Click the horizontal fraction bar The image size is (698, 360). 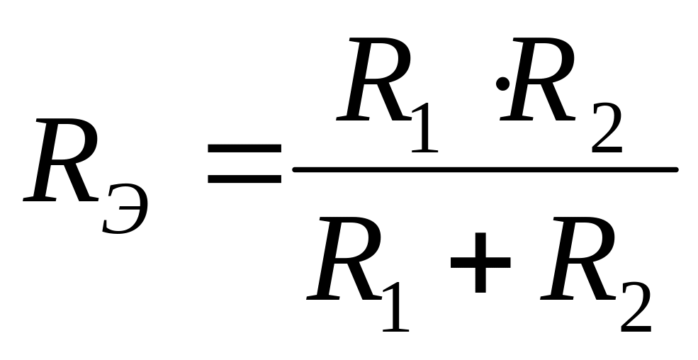tap(485, 169)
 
